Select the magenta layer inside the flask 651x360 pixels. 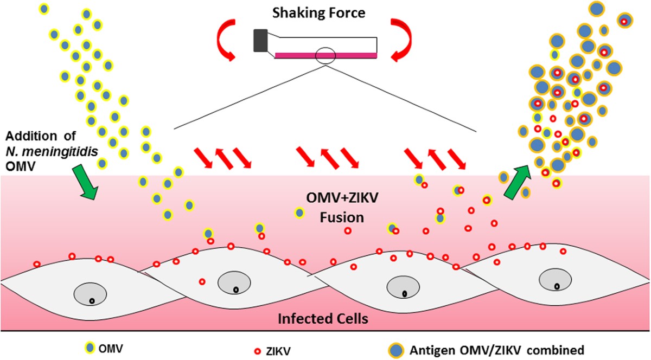[x=325, y=55]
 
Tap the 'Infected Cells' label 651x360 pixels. [x=324, y=318]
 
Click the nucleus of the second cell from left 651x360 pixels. [x=234, y=283]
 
